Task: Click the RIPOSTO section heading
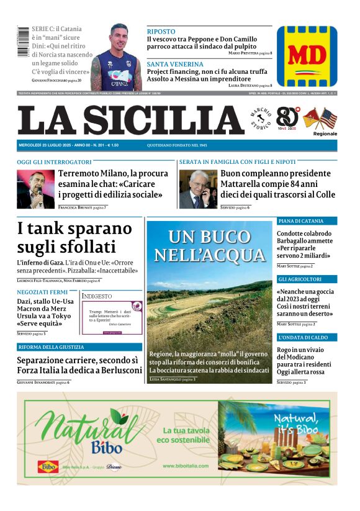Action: [161, 31]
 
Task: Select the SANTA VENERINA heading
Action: [175, 64]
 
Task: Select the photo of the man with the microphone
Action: [35, 189]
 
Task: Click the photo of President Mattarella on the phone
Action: [198, 189]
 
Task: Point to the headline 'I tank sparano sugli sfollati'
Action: [74, 237]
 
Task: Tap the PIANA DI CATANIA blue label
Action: [301, 221]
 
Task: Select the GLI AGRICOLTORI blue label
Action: [300, 279]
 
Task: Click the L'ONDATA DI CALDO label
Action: [302, 337]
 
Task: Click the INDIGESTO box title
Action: [97, 296]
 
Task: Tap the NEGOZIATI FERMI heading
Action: [42, 292]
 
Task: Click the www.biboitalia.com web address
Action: [186, 466]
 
